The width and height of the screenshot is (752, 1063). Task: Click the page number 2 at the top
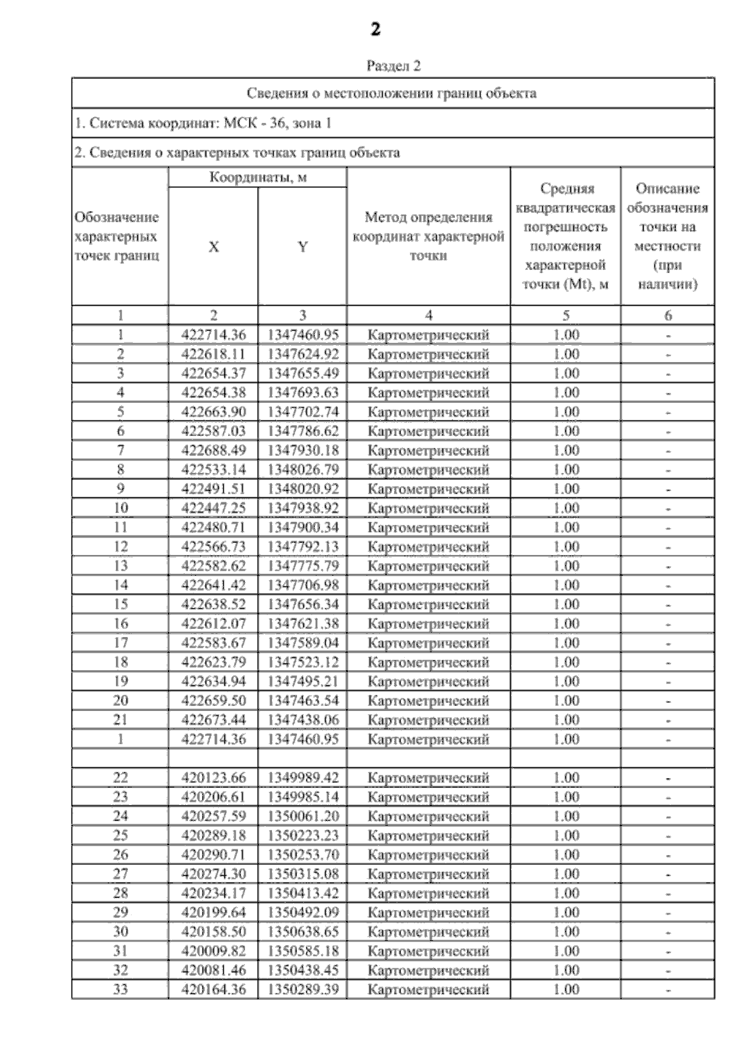(375, 29)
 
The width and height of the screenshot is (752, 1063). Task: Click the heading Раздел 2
(393, 66)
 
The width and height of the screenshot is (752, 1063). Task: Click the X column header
(213, 247)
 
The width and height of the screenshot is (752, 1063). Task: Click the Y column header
(302, 247)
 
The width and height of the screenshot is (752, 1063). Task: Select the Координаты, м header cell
(258, 177)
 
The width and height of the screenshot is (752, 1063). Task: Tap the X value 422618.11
(213, 355)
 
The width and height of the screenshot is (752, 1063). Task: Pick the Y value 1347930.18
(303, 450)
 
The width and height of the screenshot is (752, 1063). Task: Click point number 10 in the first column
(120, 508)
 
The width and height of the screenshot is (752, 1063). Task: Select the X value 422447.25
(213, 508)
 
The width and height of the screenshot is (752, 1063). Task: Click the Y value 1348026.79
(303, 470)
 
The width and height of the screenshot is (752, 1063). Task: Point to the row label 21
(120, 720)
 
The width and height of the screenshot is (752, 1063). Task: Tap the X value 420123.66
(213, 778)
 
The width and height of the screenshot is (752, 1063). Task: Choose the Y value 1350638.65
(303, 932)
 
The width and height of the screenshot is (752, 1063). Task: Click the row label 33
(120, 990)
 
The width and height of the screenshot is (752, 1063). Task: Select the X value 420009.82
(213, 952)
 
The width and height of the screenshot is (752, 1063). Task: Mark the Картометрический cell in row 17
(428, 643)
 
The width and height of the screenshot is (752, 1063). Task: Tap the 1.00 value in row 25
(566, 836)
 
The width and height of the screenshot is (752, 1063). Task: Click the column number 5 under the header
(566, 316)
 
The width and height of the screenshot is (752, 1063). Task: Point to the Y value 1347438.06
(303, 720)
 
